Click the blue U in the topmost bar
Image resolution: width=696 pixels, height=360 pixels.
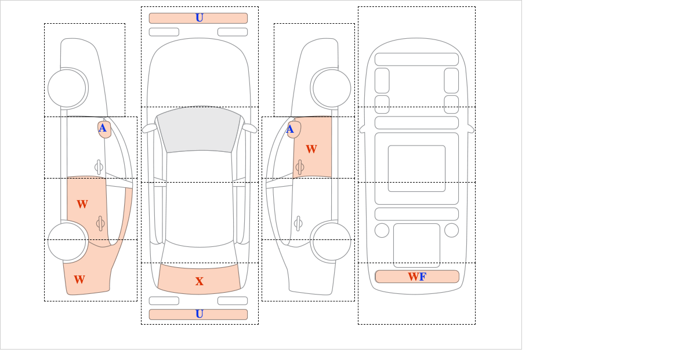(200, 18)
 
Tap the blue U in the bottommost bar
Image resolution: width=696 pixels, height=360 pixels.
(200, 314)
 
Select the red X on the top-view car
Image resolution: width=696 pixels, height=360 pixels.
(200, 281)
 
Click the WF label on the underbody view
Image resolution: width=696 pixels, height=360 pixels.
(417, 277)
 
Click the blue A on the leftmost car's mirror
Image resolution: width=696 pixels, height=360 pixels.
(103, 128)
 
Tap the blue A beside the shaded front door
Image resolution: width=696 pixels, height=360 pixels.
(290, 129)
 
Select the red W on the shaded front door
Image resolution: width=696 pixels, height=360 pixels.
(311, 149)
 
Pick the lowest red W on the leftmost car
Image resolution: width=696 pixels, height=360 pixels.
(79, 279)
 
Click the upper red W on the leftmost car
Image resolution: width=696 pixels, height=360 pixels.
(82, 204)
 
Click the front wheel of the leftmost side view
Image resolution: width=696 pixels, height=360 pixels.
(67, 88)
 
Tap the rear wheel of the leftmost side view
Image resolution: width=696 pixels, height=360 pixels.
(67, 241)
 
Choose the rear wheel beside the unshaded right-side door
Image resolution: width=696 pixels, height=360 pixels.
(332, 241)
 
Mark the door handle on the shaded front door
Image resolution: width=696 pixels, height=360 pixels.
(300, 167)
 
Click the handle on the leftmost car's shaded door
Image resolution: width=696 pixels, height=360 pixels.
(100, 223)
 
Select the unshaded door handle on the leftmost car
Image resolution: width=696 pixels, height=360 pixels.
(99, 167)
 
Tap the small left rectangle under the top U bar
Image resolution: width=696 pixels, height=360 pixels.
(164, 32)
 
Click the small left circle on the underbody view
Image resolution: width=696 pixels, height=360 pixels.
(382, 231)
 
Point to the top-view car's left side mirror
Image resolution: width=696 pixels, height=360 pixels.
(149, 128)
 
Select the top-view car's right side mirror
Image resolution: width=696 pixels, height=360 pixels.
(250, 128)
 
